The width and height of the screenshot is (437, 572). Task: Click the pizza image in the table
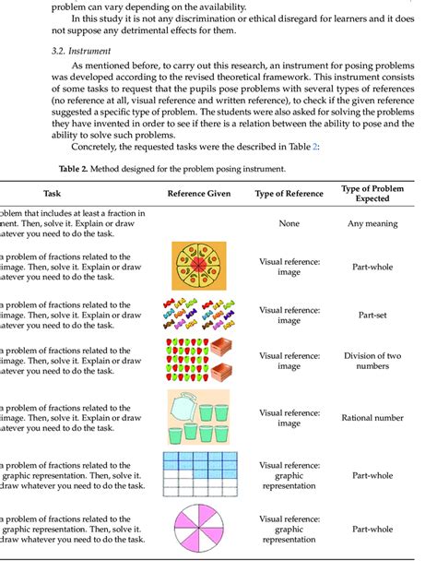[199, 267]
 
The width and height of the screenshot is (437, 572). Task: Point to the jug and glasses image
[199, 417]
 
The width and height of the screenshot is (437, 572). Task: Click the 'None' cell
[289, 223]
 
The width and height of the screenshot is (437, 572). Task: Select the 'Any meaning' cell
[374, 223]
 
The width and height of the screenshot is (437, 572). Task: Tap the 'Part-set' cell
[374, 315]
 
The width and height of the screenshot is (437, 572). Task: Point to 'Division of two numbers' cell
[374, 362]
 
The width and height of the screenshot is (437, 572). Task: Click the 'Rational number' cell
[374, 418]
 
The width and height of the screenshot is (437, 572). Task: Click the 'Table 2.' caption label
[77, 170]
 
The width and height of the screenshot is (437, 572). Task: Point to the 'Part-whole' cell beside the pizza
[374, 268]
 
